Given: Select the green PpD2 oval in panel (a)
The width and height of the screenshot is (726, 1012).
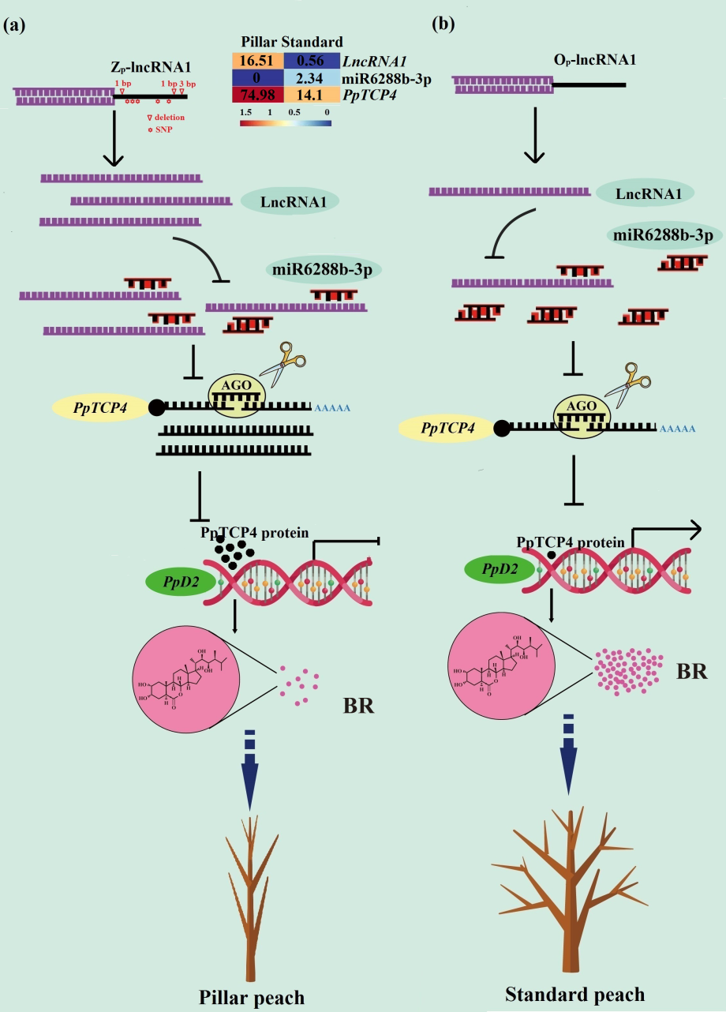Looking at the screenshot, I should click(173, 582).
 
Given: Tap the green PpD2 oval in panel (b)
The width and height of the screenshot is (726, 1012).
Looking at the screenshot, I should click(494, 569).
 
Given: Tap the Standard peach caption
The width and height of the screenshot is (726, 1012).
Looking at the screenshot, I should click(574, 994).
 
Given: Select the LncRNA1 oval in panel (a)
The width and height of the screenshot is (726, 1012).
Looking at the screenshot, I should click(290, 202).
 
